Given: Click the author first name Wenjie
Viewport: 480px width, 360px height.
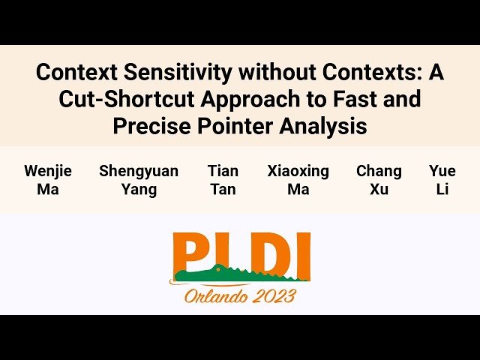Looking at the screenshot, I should coord(48,171).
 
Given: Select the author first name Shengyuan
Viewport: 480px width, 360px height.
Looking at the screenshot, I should coord(139,171).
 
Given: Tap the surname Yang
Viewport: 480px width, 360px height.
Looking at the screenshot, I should coord(139,189).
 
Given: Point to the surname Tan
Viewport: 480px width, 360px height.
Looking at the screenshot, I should coord(223,189).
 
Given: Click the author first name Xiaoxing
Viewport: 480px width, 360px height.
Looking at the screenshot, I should coord(298,171).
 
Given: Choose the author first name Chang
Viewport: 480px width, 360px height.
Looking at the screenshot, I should coord(379,171).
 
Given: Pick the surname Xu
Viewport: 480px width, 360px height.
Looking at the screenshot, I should coord(379,189).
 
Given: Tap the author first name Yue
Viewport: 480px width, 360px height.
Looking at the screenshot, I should coord(442,171).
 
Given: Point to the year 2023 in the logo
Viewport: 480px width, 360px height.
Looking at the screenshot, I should coord(274,295).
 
